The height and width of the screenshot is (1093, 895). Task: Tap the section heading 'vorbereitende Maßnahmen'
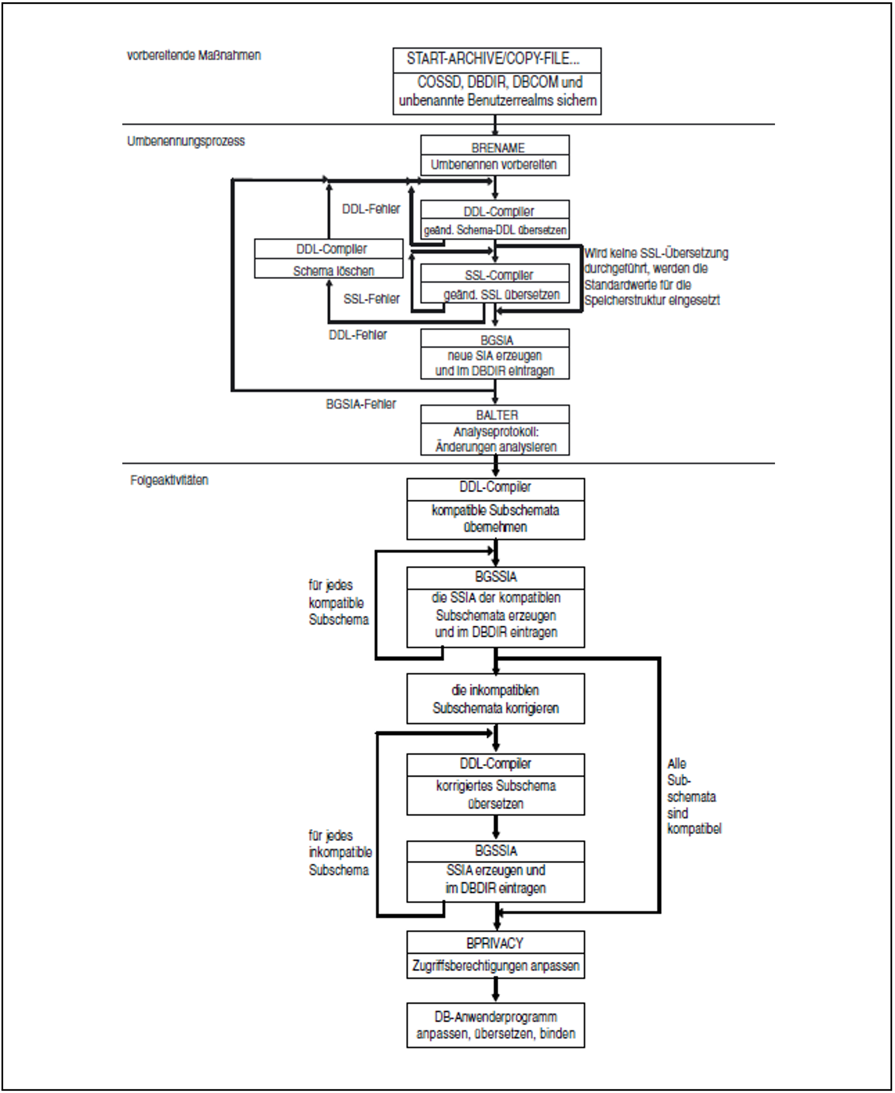coord(194,55)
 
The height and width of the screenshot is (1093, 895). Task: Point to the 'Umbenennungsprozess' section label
coord(186,141)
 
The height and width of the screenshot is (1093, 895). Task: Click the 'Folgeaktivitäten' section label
coord(169,480)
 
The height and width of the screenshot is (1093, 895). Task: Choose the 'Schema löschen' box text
coord(333,270)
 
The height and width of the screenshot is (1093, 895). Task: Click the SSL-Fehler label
coord(371,299)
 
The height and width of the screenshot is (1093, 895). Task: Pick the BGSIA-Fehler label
coord(361,404)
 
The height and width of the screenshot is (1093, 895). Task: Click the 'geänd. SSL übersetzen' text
coord(501,295)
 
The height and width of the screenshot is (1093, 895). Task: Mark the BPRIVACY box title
coord(495,943)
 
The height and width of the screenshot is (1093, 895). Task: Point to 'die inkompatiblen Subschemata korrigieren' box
coord(495,699)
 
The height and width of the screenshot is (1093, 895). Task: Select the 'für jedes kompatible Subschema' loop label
coord(338,603)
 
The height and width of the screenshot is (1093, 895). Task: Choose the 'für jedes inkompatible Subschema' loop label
coord(339,853)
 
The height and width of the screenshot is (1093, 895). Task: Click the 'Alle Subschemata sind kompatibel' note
coord(693,796)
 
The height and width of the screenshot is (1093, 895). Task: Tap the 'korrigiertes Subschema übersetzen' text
coord(495,794)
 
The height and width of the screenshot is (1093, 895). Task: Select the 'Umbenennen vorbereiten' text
coord(493,165)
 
